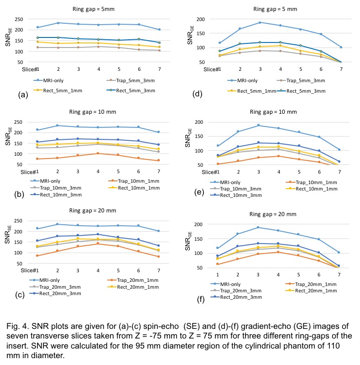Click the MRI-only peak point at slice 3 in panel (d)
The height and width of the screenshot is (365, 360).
[x=260, y=22]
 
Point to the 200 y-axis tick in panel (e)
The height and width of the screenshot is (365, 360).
[x=198, y=122]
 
